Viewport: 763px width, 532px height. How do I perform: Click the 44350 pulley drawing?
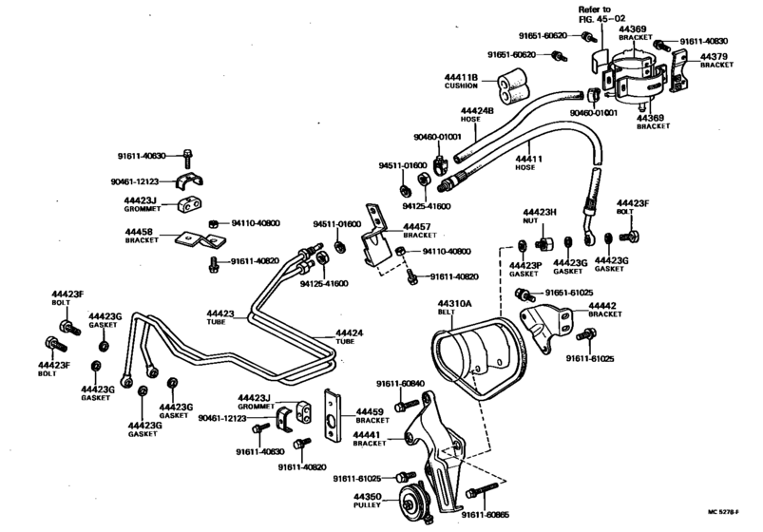(412, 502)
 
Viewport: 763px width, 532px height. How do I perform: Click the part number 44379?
(714, 56)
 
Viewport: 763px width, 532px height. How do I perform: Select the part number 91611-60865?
(486, 515)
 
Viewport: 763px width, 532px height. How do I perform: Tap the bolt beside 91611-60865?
(482, 489)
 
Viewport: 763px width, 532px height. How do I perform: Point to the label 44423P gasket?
(525, 269)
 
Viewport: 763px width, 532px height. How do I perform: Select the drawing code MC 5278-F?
(723, 511)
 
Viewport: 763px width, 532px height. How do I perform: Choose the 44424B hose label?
(477, 115)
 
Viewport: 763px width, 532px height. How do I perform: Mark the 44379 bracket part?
(677, 71)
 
